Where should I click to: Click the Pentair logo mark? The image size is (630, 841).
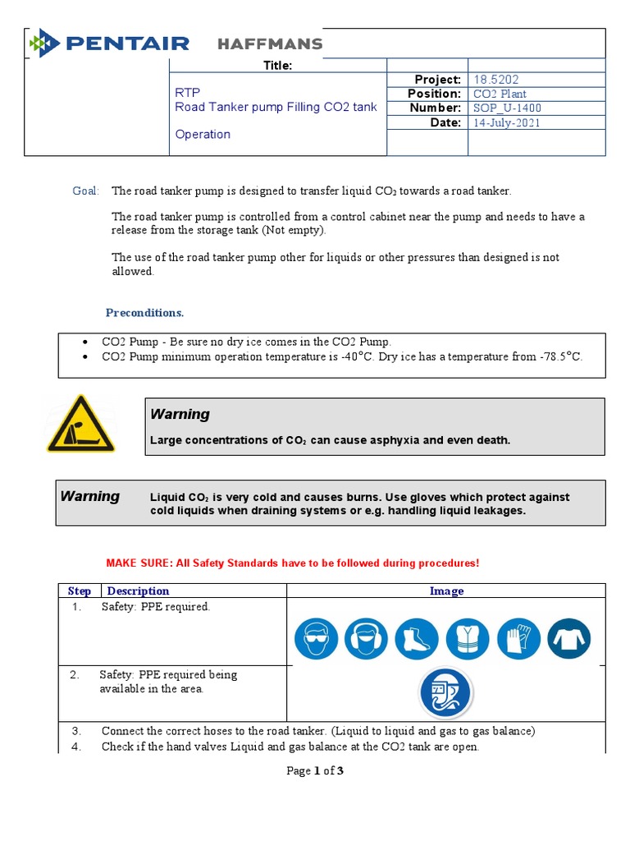pos(44,44)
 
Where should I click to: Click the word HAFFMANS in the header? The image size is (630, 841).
pos(269,44)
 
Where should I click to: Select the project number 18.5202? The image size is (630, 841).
pos(494,80)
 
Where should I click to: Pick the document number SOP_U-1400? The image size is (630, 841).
pos(507,108)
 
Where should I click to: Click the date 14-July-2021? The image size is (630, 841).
pos(507,122)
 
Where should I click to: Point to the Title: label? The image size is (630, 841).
pos(277,66)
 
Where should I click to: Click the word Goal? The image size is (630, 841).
pos(85,191)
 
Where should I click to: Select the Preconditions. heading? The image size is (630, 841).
pos(145,313)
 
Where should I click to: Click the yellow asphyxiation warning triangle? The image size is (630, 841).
pos(80,424)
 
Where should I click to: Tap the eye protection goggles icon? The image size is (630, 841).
pos(314,638)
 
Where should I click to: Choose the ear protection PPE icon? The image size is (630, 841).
pos(365,638)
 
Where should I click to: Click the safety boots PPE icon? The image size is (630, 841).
pos(416,638)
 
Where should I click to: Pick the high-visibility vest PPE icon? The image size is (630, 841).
pos(467,638)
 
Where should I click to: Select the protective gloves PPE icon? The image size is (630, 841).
pos(518,638)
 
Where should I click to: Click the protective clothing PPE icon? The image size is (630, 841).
pos(569,638)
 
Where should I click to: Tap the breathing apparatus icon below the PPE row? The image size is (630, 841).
pos(445,693)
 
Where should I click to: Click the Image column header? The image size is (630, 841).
pos(446,591)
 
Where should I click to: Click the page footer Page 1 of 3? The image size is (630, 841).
pos(314,770)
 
